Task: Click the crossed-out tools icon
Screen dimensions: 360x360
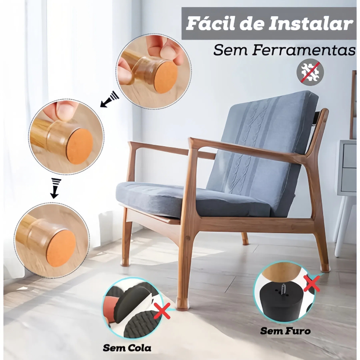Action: coord(310,72)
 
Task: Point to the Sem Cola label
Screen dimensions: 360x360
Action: coord(127,348)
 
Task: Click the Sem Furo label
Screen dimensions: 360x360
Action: coord(285,331)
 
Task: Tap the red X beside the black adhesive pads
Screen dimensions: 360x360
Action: coord(162,310)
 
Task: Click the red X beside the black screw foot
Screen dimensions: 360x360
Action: coord(311,283)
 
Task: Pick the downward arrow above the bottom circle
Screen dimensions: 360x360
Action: coord(54,188)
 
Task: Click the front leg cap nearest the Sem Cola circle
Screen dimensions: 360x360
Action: coord(181,302)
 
